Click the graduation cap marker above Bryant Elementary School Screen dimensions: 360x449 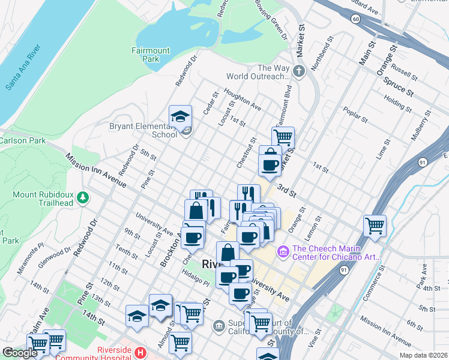tap(180, 118)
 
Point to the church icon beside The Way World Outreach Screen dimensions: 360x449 tap(300, 72)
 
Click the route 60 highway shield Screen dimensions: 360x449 tap(356, 20)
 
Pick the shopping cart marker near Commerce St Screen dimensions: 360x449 tap(375, 226)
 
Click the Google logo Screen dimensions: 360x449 tap(20, 353)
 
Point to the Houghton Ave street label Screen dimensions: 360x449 tap(243, 98)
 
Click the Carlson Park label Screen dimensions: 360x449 tap(14, 140)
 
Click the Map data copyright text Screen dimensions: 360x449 tap(423, 355)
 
